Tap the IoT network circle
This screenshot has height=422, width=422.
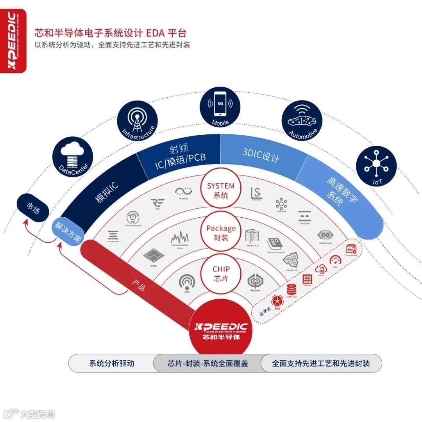click(x=376, y=166)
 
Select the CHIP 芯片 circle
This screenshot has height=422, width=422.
click(x=221, y=274)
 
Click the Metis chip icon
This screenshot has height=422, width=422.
click(x=153, y=256)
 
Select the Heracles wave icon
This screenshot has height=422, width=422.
click(x=183, y=192)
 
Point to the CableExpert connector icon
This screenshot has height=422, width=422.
click(x=325, y=235)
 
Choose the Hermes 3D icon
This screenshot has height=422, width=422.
click(x=292, y=261)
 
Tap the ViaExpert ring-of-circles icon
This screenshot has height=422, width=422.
click(x=281, y=204)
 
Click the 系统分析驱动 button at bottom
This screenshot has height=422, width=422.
click(x=112, y=363)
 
